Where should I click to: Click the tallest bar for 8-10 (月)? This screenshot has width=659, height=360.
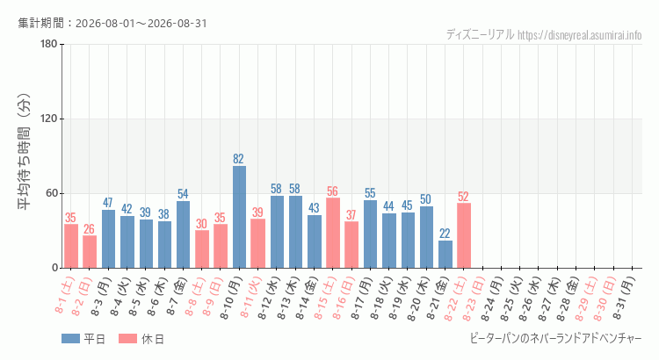pyautogui.click(x=239, y=217)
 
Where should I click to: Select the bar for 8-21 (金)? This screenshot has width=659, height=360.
pyautogui.click(x=445, y=254)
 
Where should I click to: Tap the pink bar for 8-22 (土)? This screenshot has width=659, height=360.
pyautogui.click(x=464, y=235)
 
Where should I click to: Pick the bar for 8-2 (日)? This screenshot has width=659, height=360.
pyautogui.click(x=90, y=252)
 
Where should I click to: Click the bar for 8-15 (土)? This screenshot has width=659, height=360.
pyautogui.click(x=333, y=233)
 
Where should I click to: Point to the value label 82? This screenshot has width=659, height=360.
pyautogui.click(x=238, y=159)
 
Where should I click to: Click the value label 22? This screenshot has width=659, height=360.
pyautogui.click(x=445, y=234)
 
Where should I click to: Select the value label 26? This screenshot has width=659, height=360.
pyautogui.click(x=89, y=229)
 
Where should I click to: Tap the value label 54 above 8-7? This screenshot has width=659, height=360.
pyautogui.click(x=183, y=194)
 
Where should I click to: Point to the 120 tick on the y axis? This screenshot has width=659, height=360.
pyautogui.click(x=49, y=119)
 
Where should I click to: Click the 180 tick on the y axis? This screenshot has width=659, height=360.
pyautogui.click(x=49, y=44)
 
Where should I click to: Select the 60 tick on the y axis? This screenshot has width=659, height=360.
pyautogui.click(x=52, y=194)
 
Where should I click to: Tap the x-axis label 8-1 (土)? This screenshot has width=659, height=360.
pyautogui.click(x=65, y=295)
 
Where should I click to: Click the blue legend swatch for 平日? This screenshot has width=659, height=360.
pyautogui.click(x=70, y=339)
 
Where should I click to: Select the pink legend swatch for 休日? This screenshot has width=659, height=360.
pyautogui.click(x=127, y=339)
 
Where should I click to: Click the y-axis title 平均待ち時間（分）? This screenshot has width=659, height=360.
pyautogui.click(x=25, y=152)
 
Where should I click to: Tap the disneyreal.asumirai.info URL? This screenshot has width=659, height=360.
pyautogui.click(x=580, y=35)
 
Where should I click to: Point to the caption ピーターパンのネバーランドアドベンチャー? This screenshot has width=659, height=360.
pyautogui.click(x=555, y=338)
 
